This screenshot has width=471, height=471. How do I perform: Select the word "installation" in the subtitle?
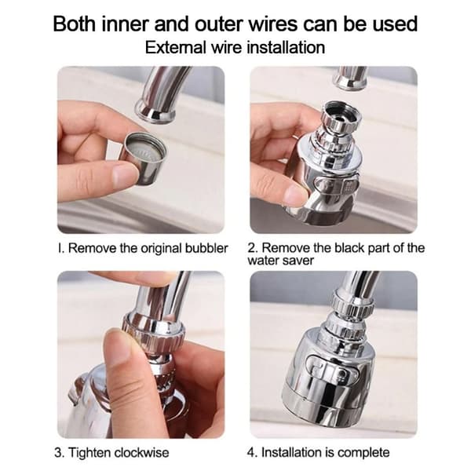287,47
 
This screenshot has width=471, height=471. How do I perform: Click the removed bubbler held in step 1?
144,158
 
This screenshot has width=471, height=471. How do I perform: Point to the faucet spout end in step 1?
155,111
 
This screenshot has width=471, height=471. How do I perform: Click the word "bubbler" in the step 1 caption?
206,248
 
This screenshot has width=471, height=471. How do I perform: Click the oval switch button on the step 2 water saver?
337,187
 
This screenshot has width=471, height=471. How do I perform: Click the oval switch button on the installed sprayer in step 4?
332,369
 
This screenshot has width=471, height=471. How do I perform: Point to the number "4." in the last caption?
252,452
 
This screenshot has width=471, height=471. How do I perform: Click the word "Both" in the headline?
75,24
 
